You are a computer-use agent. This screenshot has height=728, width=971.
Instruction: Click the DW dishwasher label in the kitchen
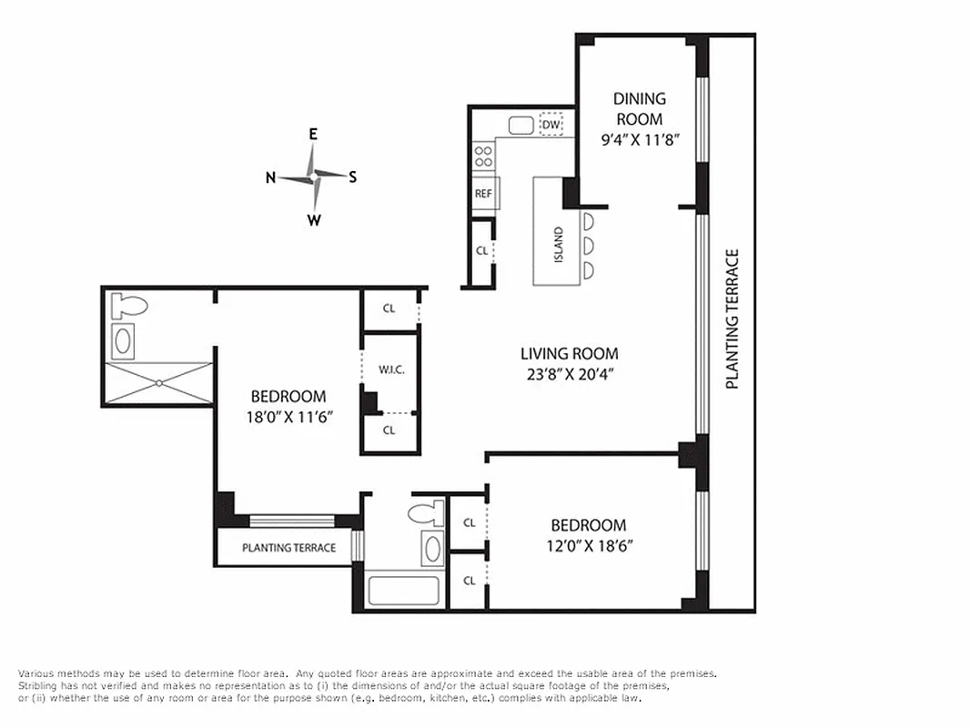point(551,125)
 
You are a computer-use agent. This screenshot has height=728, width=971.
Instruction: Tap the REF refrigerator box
point(482,194)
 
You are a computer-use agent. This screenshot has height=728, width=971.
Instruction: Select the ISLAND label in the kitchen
point(558,244)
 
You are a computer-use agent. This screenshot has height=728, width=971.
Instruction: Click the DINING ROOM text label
point(639,108)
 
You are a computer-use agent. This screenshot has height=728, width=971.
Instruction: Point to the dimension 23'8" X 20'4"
point(569,374)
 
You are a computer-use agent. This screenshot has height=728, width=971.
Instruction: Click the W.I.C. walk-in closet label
point(390,370)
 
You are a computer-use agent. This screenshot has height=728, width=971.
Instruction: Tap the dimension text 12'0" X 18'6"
point(588,546)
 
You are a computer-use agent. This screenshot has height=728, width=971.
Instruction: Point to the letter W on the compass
point(313,219)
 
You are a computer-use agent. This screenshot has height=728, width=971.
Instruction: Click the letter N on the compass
point(270,178)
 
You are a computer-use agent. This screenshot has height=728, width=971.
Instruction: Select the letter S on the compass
point(352,177)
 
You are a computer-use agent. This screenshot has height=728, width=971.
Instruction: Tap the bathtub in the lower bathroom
point(403,590)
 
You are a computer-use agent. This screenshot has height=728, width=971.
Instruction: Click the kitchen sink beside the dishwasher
point(521,126)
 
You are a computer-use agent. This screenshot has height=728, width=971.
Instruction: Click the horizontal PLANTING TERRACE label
point(288,548)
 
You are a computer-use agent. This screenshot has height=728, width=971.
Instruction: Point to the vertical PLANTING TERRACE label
point(732,318)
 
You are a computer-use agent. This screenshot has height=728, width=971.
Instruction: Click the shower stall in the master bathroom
point(159,383)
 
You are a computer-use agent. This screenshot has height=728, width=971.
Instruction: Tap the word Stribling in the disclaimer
point(37,686)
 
